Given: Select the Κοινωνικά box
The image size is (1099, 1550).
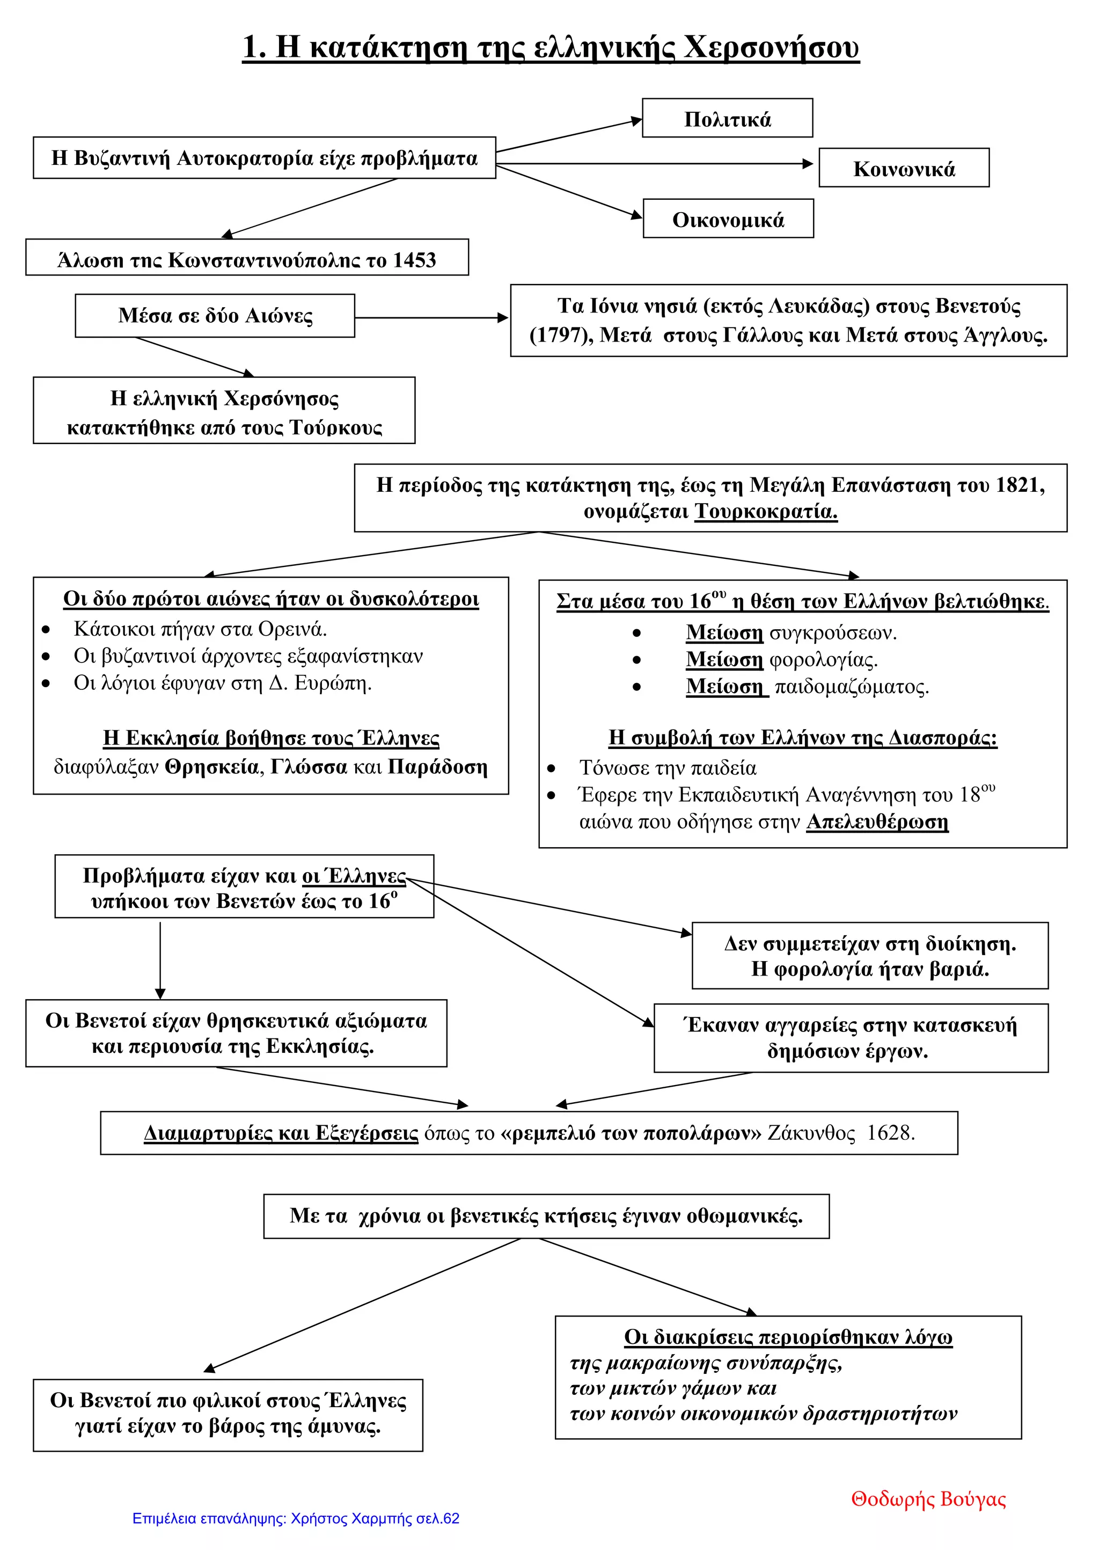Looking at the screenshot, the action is click(x=904, y=168).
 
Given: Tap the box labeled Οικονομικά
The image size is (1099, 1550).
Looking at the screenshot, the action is click(x=728, y=219).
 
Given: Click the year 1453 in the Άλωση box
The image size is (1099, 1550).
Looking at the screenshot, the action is click(x=414, y=260).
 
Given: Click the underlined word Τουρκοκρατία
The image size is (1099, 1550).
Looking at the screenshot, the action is click(x=766, y=511).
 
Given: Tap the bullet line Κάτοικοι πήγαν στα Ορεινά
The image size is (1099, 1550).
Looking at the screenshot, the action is click(x=200, y=629).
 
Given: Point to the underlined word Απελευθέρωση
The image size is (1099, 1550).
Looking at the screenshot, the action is click(x=877, y=821).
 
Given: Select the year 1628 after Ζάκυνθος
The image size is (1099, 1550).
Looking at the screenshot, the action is click(x=891, y=1133).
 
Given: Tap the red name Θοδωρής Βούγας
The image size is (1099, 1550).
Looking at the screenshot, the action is click(x=928, y=1499).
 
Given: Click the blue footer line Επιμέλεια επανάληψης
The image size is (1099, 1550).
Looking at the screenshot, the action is click(x=296, y=1518).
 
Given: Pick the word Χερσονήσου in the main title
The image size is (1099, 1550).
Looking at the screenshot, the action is click(x=772, y=47).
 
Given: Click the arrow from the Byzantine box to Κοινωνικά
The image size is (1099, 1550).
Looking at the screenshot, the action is click(x=654, y=163).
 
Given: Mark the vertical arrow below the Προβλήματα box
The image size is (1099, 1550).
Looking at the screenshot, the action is click(x=160, y=960).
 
